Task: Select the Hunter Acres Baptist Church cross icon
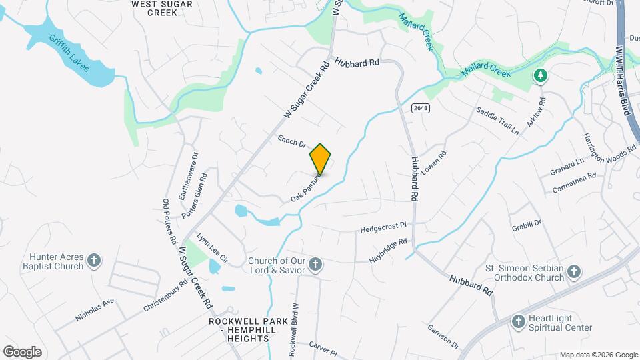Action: [x=95, y=260]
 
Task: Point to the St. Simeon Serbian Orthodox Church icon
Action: [x=575, y=272]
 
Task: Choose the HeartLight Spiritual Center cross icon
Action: [x=518, y=322]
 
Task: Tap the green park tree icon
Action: [x=541, y=77]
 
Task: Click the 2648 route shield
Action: [x=420, y=108]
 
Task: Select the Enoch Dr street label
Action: [x=291, y=141]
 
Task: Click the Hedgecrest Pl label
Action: [x=383, y=228]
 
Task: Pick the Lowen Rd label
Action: [x=433, y=160]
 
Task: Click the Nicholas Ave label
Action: [x=95, y=309]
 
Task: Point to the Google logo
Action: [x=22, y=351]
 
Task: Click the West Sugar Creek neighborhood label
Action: [x=162, y=8]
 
